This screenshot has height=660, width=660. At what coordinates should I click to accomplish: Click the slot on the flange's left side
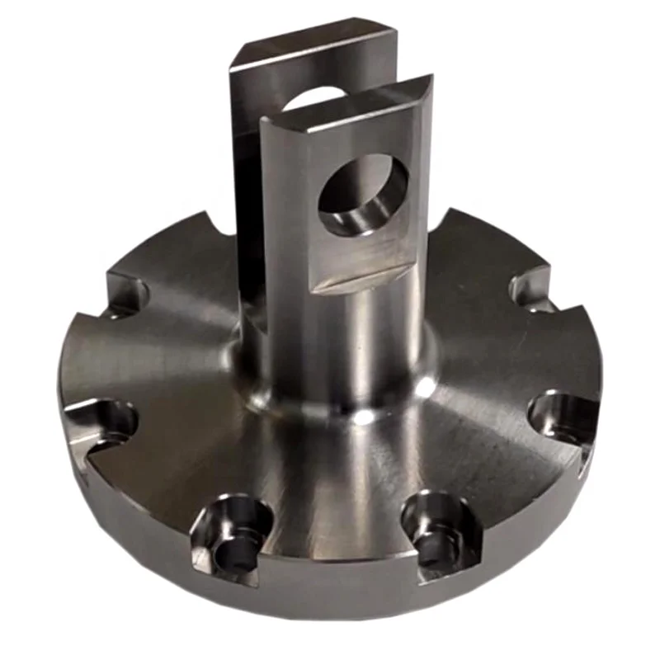click(107, 421)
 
